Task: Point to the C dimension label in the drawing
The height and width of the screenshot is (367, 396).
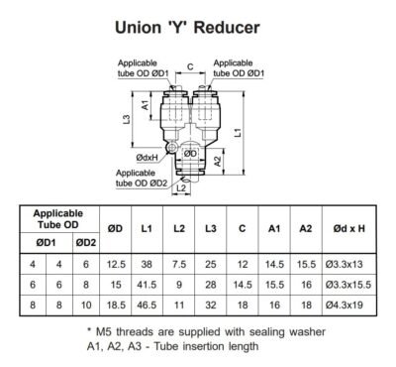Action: (x=189, y=68)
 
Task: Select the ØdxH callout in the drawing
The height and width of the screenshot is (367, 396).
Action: (x=148, y=156)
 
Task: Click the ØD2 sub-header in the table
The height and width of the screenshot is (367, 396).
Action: (x=85, y=242)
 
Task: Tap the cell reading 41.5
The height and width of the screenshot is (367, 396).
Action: (x=147, y=285)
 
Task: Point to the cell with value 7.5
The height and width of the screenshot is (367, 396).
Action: (x=179, y=264)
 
